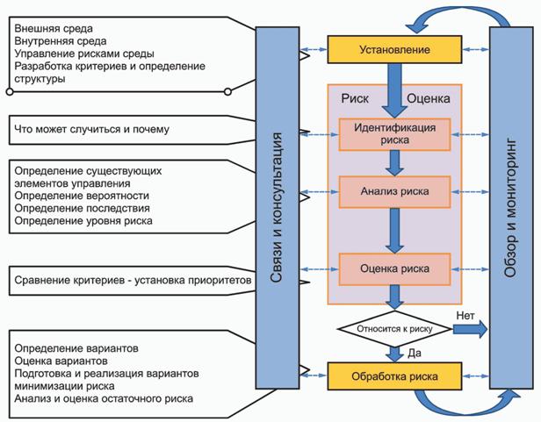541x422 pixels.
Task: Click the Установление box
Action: pos(394,49)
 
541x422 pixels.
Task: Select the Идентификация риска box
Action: pos(394,132)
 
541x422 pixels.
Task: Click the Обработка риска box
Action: pos(394,376)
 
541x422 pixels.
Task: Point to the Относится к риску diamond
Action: pos(394,330)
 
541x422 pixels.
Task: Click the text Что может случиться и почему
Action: pos(91,130)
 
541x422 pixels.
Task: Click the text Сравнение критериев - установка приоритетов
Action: pos(133,281)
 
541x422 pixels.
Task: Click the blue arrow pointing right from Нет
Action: pos(470,330)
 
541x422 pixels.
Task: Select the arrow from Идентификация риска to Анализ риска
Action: pos(394,161)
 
